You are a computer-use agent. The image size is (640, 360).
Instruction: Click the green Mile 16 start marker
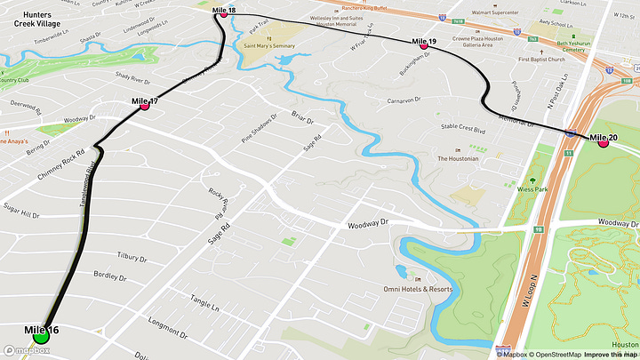click(x=41, y=336)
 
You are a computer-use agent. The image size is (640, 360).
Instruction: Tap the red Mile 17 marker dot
click(x=144, y=106)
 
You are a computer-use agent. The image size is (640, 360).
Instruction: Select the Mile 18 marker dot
click(x=223, y=14)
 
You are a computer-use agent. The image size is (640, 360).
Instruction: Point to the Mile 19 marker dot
click(x=423, y=45)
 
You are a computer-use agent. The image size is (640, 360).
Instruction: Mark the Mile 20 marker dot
click(x=603, y=142)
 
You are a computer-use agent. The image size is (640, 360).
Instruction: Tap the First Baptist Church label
click(x=541, y=60)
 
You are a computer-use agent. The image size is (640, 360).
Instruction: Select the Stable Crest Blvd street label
click(x=463, y=129)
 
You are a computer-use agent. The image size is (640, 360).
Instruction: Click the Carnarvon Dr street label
click(x=396, y=100)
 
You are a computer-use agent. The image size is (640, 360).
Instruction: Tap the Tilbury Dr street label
click(x=131, y=256)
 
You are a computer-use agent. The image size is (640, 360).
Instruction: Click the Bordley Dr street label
click(x=110, y=275)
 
